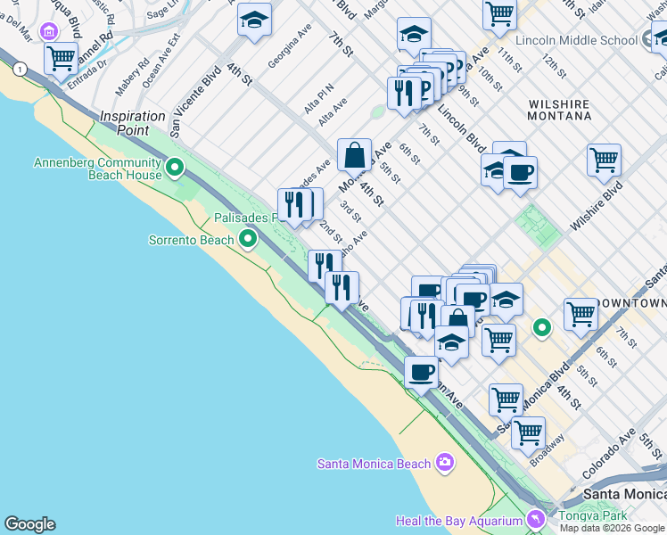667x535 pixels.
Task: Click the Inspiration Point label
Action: coord(133,117)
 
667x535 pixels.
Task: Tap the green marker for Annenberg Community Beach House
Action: coord(175,166)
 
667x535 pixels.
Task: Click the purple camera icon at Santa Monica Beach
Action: coord(445,463)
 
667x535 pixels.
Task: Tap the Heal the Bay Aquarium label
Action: coord(458,521)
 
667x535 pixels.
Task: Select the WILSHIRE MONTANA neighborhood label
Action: coord(558,110)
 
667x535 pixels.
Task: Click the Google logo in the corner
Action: coord(29,524)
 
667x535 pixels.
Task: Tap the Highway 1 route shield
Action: coord(19,69)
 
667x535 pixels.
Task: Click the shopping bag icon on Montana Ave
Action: coord(354,154)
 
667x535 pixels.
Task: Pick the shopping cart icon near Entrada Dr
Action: coord(61,59)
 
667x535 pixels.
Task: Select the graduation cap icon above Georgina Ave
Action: coord(254,20)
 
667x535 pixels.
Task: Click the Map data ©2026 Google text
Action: coord(612,528)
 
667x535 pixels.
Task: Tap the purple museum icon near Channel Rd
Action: coord(47,32)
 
